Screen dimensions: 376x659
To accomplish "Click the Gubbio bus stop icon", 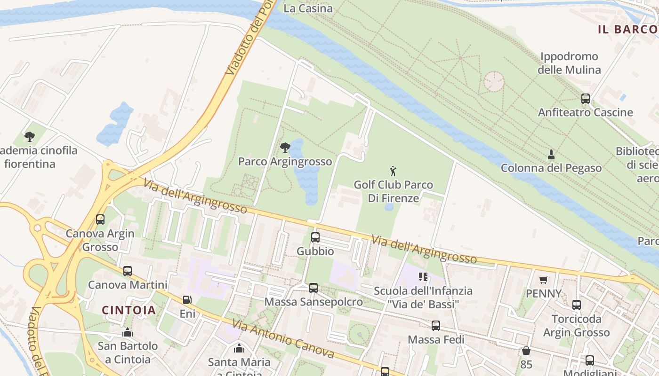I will pos(315,237).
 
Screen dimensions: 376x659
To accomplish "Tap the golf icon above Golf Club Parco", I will pos(393,171).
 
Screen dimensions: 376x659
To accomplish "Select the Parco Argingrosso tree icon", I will pos(285,148).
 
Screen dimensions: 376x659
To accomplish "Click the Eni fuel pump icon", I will pos(187,299).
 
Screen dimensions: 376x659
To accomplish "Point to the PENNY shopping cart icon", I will pos(544,280).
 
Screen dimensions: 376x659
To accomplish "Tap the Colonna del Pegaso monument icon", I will pos(551,154).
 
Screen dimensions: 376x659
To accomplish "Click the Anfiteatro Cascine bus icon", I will pos(586,99).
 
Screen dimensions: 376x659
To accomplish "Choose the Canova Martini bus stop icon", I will pos(128,271).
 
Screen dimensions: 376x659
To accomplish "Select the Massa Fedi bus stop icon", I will pos(436,326).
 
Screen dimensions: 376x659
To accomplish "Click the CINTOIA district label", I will pos(129,310).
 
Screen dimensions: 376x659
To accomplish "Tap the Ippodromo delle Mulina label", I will pos(569,63).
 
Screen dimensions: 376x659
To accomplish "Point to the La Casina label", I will pos(308,8).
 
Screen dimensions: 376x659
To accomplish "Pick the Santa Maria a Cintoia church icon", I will pos(239,348).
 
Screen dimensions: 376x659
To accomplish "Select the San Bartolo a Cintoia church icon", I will pos(128,333).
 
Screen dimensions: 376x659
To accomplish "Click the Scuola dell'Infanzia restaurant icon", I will pos(423,277).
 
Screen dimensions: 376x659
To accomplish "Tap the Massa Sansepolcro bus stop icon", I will pos(313,288).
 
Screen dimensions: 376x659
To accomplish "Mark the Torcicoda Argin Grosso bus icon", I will pos(577,305).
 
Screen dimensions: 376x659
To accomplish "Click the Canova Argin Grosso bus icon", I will pos(100,219).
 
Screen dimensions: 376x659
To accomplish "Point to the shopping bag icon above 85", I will pos(526,351).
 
